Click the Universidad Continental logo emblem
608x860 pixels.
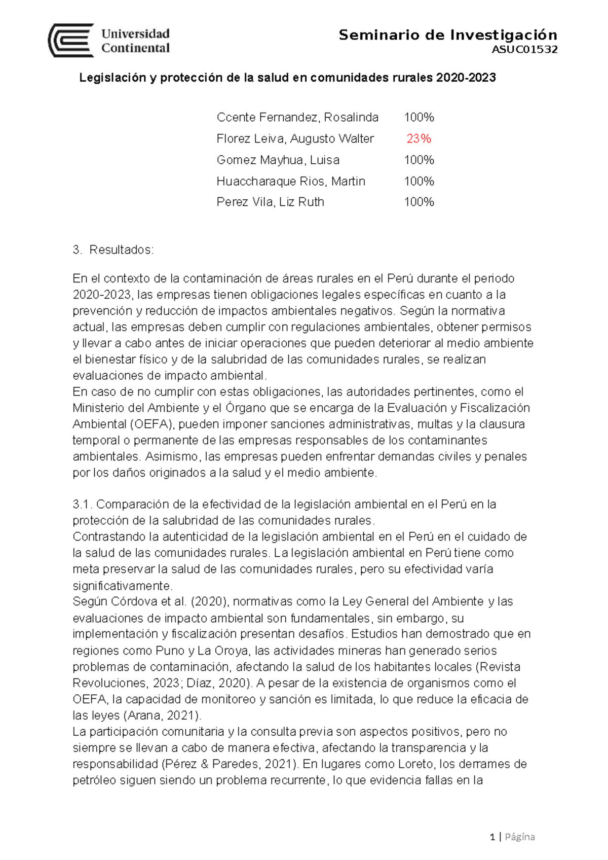(71, 41)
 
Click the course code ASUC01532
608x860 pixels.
(524, 50)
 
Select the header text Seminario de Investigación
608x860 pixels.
(447, 35)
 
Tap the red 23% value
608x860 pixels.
(419, 138)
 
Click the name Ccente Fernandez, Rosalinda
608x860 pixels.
(297, 117)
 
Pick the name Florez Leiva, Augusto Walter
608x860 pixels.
(295, 138)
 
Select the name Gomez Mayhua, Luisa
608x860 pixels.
(278, 160)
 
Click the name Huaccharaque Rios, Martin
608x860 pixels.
(291, 181)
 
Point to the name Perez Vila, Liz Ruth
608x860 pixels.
(270, 202)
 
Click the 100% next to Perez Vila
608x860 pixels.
(419, 202)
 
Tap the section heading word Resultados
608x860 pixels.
(121, 250)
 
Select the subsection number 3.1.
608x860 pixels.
(82, 504)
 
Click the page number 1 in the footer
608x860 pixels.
(492, 837)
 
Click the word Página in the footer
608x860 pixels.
(520, 837)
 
